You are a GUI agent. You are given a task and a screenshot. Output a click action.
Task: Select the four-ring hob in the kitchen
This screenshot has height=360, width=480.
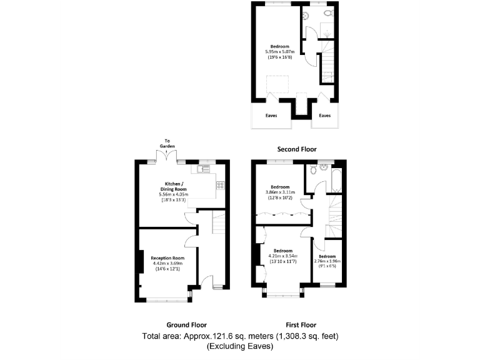coord(220,185)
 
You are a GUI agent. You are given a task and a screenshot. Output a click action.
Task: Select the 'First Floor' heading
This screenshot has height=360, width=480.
coord(301,325)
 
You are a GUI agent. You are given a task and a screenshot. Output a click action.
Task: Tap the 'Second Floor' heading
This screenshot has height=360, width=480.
coord(297,149)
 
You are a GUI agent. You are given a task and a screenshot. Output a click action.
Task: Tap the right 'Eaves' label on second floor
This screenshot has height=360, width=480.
coord(325,116)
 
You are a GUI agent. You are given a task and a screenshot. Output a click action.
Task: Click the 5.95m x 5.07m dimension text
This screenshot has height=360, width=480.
coord(279,52)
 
